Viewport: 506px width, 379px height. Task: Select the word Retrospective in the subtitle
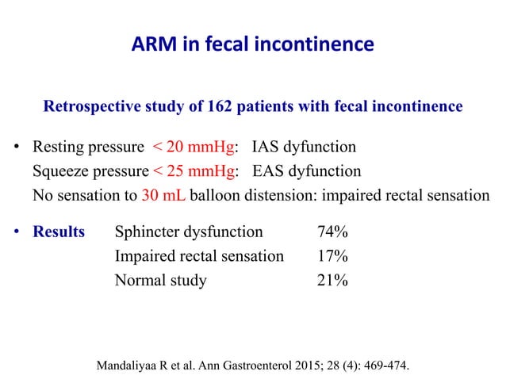pyautogui.click(x=94, y=105)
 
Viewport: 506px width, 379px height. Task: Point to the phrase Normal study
pyautogui.click(x=160, y=280)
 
